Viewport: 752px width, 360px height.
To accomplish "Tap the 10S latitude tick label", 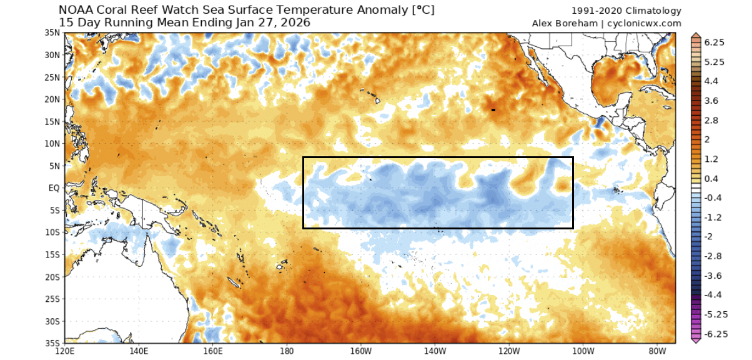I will point(53,232).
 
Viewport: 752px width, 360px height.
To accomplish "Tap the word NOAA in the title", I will point(74,11).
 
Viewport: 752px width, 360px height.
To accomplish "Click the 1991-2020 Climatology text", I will point(626,11).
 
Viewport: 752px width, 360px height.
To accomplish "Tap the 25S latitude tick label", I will point(53,299).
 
